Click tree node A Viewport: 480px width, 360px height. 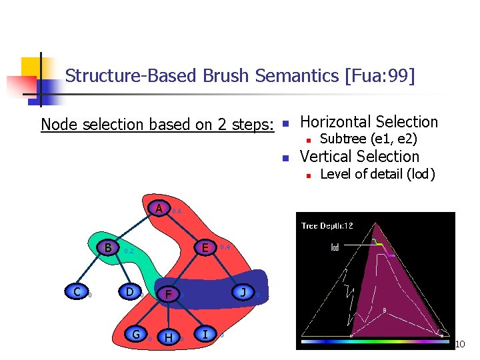[159, 209]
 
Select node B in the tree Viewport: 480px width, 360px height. [107, 248]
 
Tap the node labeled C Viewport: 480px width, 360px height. [77, 291]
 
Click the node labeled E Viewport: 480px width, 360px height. [206, 247]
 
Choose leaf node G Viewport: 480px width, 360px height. [136, 335]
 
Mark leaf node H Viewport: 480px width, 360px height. [169, 338]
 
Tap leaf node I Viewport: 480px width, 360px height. [205, 333]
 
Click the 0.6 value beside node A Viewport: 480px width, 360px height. [177, 211]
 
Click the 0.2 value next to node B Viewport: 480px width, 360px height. [129, 251]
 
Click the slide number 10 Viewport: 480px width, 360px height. [459, 344]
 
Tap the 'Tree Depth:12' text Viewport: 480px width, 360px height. [327, 225]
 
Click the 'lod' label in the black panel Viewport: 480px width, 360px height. [335, 247]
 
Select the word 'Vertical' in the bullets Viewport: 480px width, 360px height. [329, 157]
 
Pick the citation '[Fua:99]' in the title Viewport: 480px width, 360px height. [379, 76]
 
